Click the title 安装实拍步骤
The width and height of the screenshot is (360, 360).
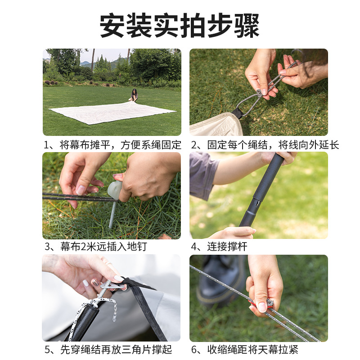coord(180,26)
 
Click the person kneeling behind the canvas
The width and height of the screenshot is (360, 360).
coord(134,95)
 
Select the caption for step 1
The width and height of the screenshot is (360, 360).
coord(112,145)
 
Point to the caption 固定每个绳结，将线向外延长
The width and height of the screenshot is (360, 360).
coord(265,145)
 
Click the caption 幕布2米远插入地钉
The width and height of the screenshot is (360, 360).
coord(95,247)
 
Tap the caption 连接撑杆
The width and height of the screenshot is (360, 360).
coord(219,247)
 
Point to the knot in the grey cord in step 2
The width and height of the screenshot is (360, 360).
coord(259,93)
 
